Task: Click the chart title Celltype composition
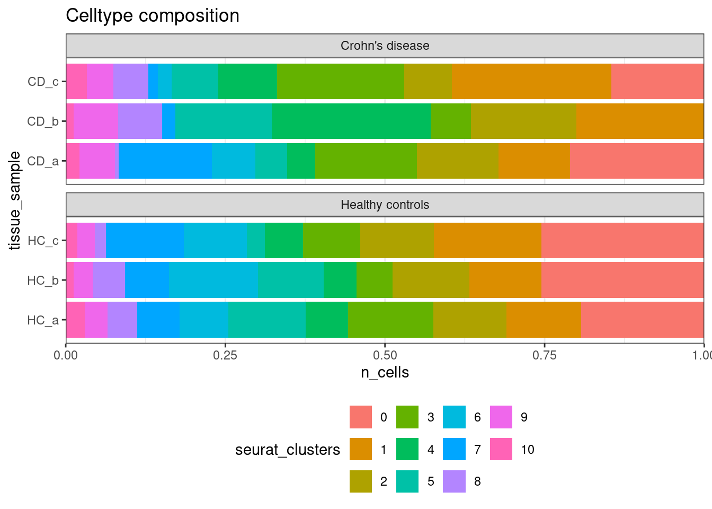pos(153,16)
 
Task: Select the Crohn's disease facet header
pos(385,46)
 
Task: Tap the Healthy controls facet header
pos(385,205)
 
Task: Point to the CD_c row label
pos(43,82)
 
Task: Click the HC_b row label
pos(43,280)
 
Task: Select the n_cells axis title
pos(385,372)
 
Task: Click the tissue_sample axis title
pos(15,200)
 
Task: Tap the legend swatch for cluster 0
pos(361,417)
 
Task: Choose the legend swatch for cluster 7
pos(455,449)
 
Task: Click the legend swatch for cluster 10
pos(501,449)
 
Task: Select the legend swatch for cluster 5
pos(407,481)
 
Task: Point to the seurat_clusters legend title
pos(288,450)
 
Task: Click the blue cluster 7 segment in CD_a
pos(165,161)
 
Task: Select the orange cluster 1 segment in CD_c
pos(531,81)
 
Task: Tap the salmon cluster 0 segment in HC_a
pos(642,320)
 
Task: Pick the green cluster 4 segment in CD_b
pos(351,121)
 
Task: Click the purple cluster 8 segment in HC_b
pos(109,280)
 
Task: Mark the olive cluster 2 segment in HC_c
pos(397,240)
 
